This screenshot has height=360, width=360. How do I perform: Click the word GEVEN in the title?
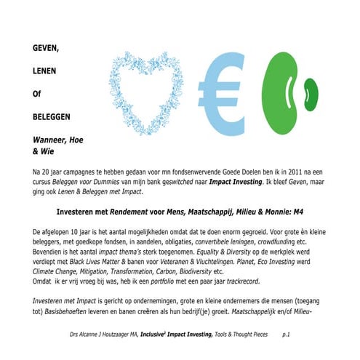click(x=47, y=49)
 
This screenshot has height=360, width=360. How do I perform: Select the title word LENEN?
click(x=45, y=71)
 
